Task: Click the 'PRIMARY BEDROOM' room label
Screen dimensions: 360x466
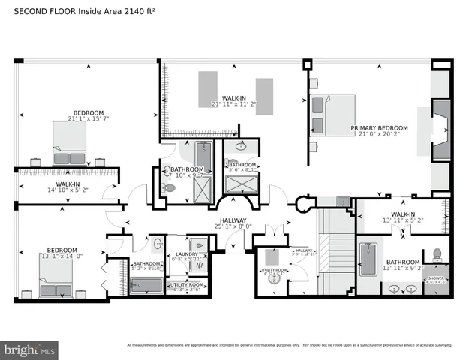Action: click(379, 128)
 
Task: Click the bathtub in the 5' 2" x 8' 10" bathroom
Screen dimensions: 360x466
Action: click(146, 286)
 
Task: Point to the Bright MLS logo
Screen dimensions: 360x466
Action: click(30, 350)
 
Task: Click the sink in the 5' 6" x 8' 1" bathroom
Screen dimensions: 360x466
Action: click(241, 147)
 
